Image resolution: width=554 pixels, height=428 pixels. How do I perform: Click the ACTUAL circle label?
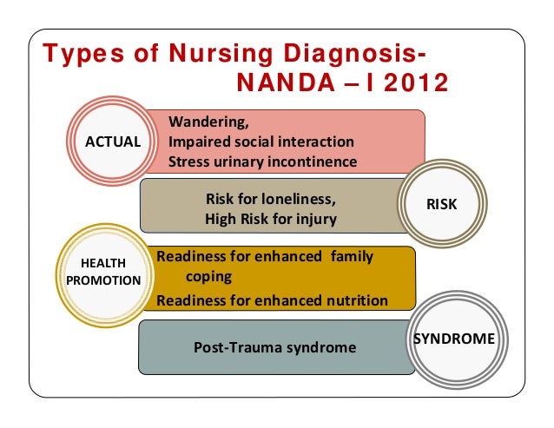pyautogui.click(x=112, y=142)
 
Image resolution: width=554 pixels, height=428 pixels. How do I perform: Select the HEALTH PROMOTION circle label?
pyautogui.click(x=102, y=272)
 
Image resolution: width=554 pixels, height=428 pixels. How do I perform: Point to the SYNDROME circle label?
pyautogui.click(x=453, y=338)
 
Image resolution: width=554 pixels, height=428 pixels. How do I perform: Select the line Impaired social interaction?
pyautogui.click(x=261, y=142)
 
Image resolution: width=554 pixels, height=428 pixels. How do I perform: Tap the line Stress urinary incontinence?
pyautogui.click(x=261, y=161)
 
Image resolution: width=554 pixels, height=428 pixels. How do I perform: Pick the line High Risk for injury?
pyautogui.click(x=270, y=219)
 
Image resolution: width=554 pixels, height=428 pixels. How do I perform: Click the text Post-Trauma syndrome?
pyautogui.click(x=274, y=347)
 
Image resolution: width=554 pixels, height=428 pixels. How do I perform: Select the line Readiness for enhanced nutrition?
pyautogui.click(x=272, y=301)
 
